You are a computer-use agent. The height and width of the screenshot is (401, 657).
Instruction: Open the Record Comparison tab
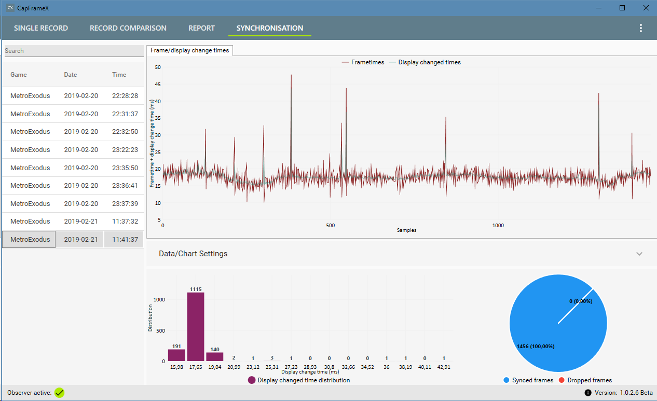coord(128,28)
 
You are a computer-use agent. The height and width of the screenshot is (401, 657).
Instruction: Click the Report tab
coord(201,28)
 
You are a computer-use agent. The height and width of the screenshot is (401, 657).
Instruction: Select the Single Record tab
coord(41,28)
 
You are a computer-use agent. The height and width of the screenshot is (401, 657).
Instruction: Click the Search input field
coord(74,51)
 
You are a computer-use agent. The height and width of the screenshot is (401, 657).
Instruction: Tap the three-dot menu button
coord(641,28)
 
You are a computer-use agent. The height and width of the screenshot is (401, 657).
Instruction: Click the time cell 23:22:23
coord(125,150)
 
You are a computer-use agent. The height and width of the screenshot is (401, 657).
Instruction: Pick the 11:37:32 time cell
coord(125,222)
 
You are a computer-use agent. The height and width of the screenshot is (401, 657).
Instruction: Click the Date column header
coord(71,75)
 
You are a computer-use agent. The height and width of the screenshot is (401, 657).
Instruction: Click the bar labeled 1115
coord(196,326)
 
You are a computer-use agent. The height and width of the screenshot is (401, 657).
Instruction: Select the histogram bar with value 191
coord(176,355)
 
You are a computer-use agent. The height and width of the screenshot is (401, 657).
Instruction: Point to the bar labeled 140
coord(215,356)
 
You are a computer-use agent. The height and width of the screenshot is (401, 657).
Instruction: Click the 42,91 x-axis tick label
coord(444,367)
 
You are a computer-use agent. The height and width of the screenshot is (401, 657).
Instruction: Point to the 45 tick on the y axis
coord(158,85)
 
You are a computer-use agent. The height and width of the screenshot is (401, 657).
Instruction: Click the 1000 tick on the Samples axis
coord(498,226)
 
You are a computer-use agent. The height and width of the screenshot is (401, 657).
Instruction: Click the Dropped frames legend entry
coord(585,380)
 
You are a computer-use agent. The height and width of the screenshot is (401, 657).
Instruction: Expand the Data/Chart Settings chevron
coord(639,254)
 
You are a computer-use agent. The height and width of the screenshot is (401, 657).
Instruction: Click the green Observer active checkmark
coord(60,393)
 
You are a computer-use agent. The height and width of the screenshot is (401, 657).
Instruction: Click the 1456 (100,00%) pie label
coord(536,347)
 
